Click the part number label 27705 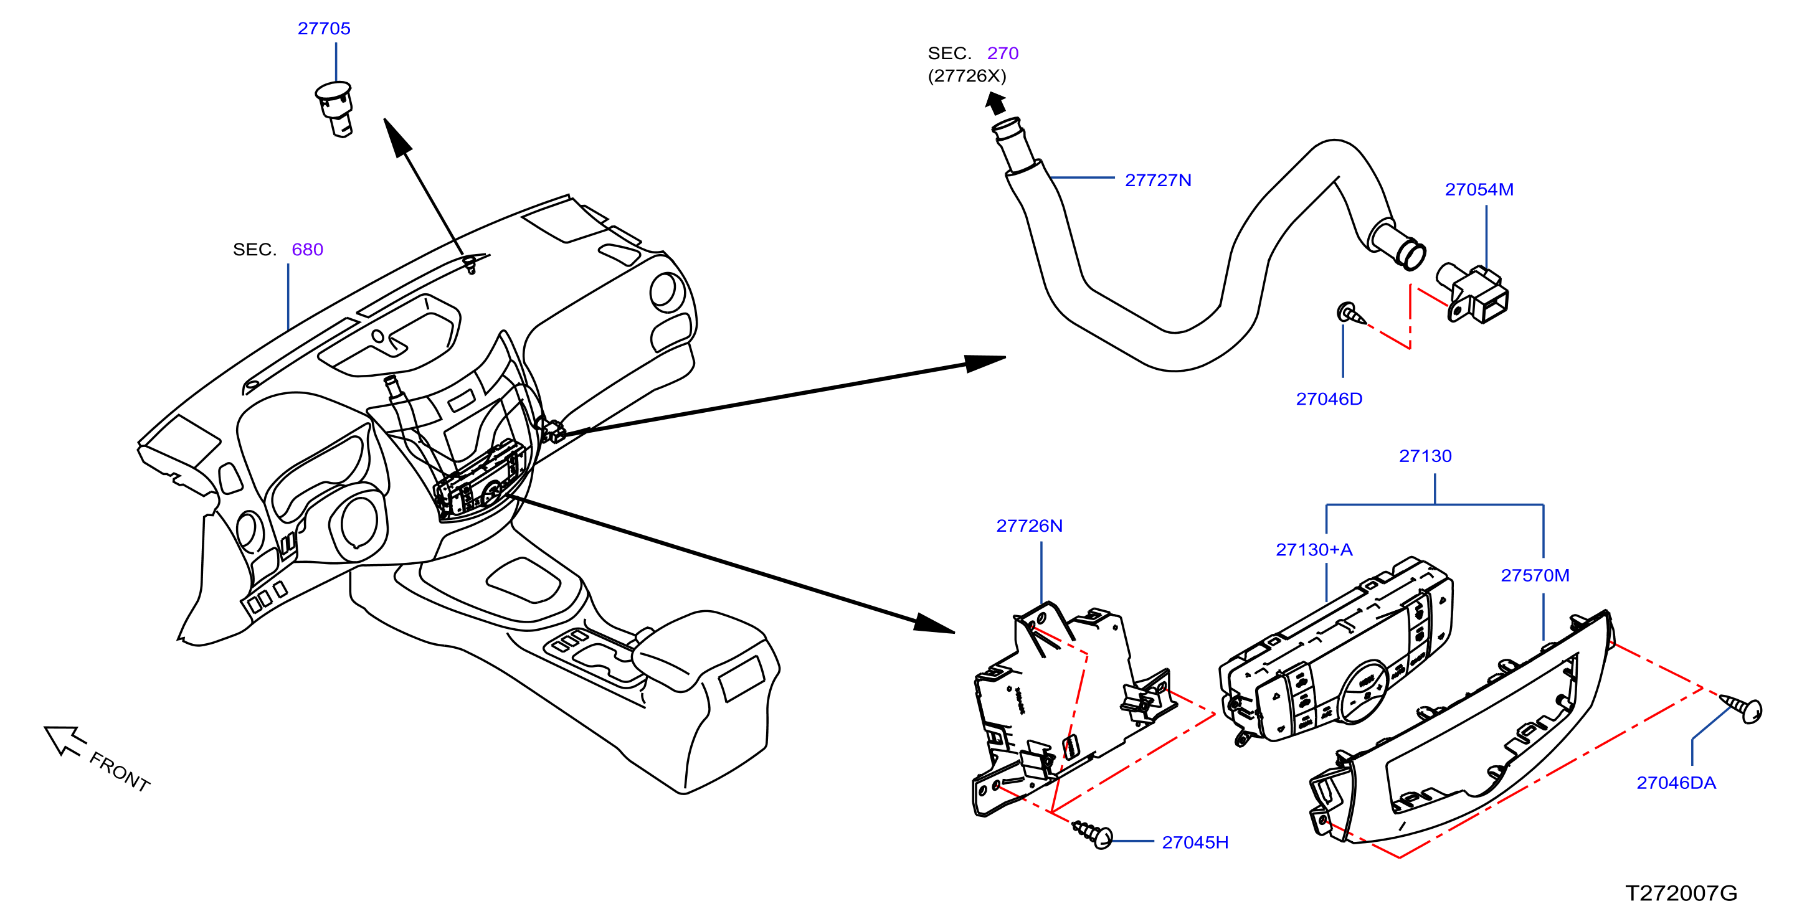pyautogui.click(x=323, y=29)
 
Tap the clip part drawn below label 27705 pyautogui.click(x=334, y=110)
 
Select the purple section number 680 pyautogui.click(x=307, y=250)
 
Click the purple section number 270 pyautogui.click(x=1002, y=54)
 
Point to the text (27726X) pyautogui.click(x=967, y=76)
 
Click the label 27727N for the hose pyautogui.click(x=1158, y=180)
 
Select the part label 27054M pyautogui.click(x=1479, y=189)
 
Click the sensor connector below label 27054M pyautogui.click(x=1473, y=293)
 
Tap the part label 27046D pyautogui.click(x=1329, y=399)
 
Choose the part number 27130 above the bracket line pyautogui.click(x=1425, y=456)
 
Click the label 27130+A pyautogui.click(x=1314, y=550)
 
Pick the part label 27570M pyautogui.click(x=1535, y=575)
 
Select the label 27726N pyautogui.click(x=1029, y=526)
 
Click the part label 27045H pyautogui.click(x=1195, y=842)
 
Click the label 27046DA pyautogui.click(x=1676, y=783)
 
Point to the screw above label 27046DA pyautogui.click(x=1741, y=708)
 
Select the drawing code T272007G pyautogui.click(x=1681, y=893)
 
